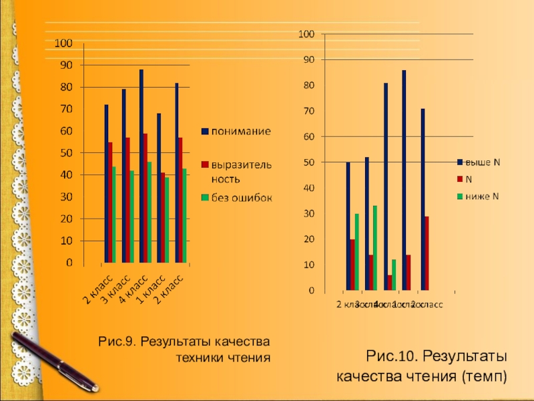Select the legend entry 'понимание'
(241, 131)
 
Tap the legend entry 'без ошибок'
(241, 197)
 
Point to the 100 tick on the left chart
(63, 43)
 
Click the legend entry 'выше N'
(483, 162)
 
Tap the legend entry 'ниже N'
(482, 196)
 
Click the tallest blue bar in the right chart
(404, 180)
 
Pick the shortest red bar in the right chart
(390, 283)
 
